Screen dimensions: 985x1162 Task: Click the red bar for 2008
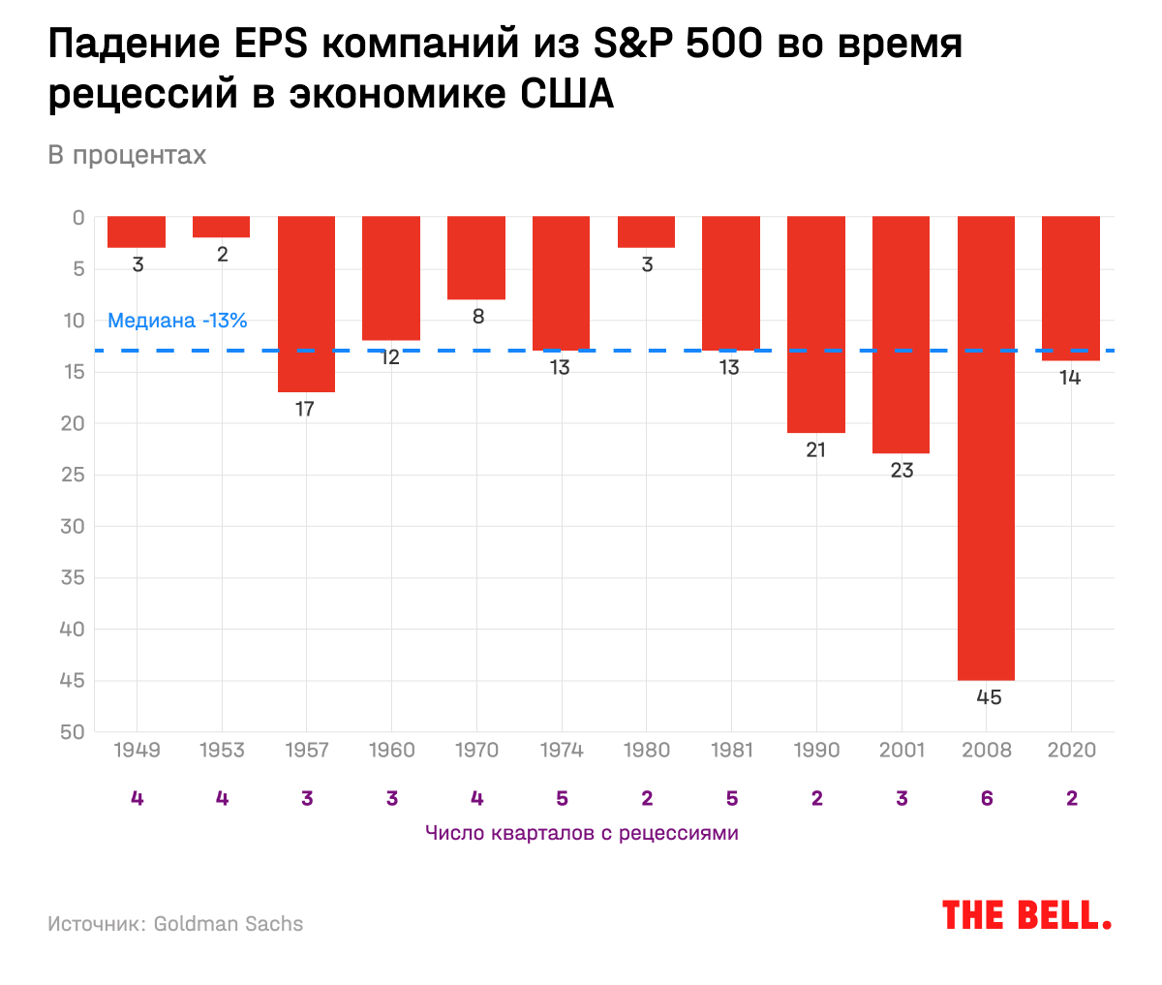986,447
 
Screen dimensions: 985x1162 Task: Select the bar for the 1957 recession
306,303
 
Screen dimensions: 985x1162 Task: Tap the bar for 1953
222,227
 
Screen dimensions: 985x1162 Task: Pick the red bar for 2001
901,334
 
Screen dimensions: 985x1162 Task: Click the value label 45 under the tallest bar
989,697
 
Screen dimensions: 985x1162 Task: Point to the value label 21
816,449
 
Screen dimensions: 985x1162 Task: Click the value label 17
305,409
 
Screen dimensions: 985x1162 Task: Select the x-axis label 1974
562,750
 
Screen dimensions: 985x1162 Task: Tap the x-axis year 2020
1071,750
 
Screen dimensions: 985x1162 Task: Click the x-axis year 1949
137,750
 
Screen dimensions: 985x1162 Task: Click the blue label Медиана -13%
177,321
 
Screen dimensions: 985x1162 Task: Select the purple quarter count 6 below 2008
987,798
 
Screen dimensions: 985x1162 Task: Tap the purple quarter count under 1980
647,798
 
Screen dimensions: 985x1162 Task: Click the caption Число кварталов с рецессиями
581,833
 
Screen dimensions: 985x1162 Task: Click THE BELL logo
1026,915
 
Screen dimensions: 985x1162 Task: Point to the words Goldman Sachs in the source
229,924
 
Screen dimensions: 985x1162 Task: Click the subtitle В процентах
127,155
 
